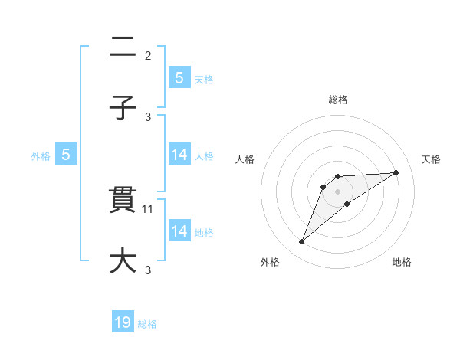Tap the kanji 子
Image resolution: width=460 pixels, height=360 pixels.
123,108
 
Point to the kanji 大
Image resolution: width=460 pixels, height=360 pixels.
123,260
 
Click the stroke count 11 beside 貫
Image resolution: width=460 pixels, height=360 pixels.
149,208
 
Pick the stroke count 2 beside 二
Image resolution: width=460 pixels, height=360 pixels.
148,56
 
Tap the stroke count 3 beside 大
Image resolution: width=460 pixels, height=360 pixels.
148,270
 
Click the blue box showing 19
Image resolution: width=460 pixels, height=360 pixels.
123,322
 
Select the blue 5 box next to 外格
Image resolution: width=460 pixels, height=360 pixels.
66,155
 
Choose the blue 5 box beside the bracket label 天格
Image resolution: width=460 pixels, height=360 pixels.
179,77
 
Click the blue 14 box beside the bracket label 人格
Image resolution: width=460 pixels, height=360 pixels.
179,155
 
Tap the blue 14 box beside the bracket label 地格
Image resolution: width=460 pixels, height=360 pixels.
179,231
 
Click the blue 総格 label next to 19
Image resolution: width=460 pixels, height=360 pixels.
147,324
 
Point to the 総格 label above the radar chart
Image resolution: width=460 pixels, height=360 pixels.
338,100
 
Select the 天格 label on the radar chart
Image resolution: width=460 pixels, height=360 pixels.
432,159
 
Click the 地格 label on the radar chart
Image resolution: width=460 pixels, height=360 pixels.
402,262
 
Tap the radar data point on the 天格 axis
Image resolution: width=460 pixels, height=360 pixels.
396,172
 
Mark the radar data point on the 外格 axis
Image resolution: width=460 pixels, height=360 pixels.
302,242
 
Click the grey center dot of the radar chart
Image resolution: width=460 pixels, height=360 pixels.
338,191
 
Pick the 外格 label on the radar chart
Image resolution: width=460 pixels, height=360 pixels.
271,262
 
